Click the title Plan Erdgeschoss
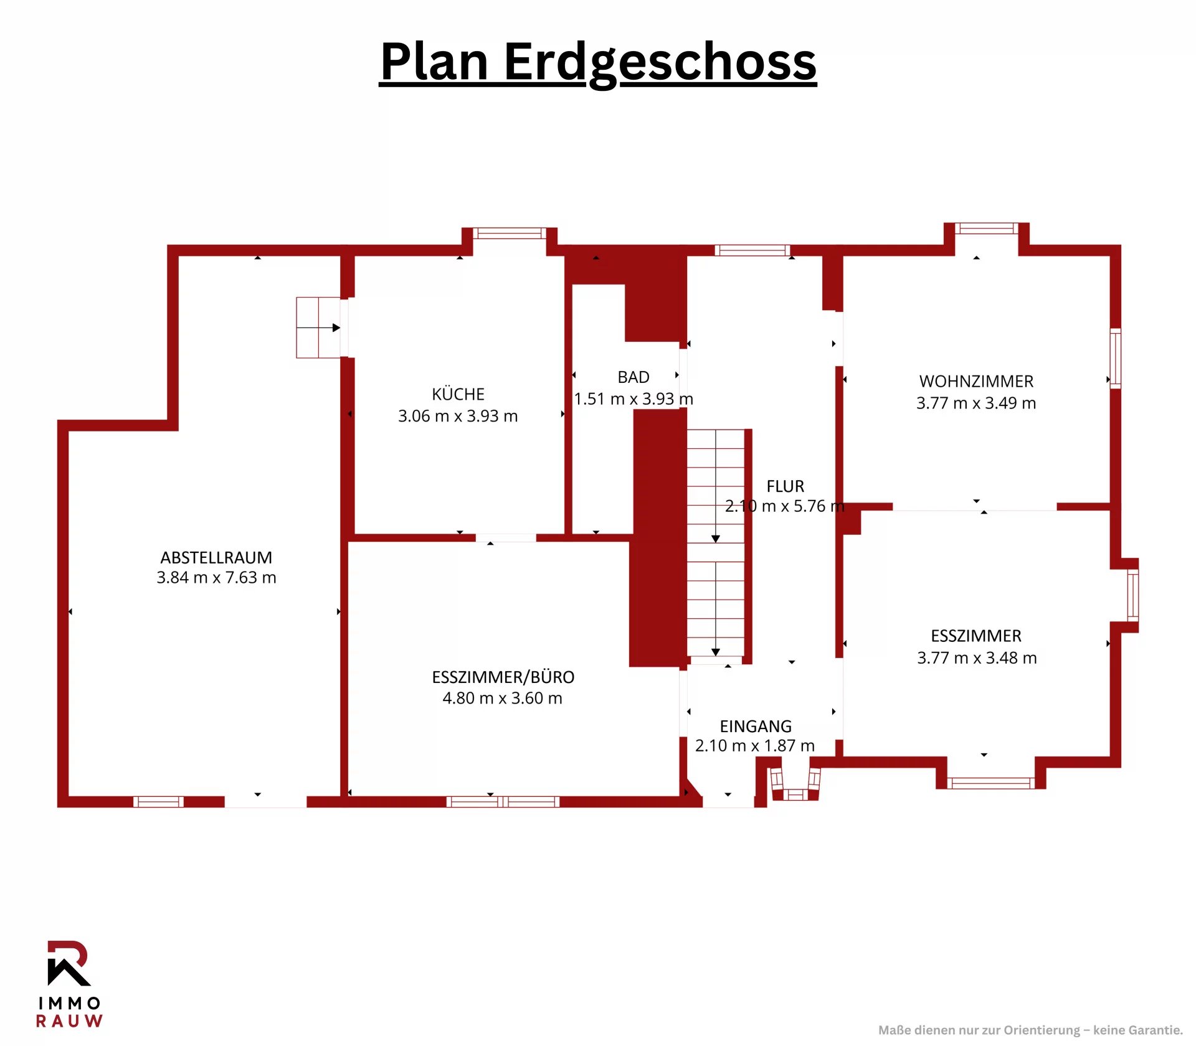tap(598, 62)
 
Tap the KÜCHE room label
tap(458, 394)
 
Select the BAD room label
tap(634, 377)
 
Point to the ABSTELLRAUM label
tap(216, 557)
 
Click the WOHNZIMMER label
tap(976, 381)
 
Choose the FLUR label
tap(785, 486)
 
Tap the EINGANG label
tap(756, 726)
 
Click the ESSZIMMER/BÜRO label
tap(503, 677)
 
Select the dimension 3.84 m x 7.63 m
tap(216, 578)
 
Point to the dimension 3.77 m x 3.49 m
tap(976, 403)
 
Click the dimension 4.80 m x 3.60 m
tap(503, 698)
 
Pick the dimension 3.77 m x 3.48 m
tap(977, 657)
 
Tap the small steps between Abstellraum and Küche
tap(318, 327)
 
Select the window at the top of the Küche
tap(510, 233)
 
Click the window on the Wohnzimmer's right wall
tap(1116, 359)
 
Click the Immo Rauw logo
tap(69, 984)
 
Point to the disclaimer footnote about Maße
tap(1030, 1030)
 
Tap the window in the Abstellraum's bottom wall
tap(159, 802)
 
